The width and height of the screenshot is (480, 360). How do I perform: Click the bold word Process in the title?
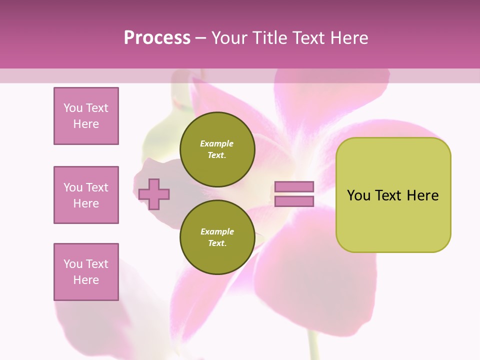[x=157, y=38]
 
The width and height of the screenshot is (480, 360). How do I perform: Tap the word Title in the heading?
[x=269, y=38]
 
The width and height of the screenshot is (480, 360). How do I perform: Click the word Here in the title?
[x=349, y=38]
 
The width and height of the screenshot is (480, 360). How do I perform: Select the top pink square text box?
[x=86, y=116]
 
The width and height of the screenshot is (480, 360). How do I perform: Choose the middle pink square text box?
[x=86, y=195]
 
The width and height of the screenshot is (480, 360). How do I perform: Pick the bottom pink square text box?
[x=86, y=272]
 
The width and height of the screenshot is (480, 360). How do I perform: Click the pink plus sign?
[x=154, y=194]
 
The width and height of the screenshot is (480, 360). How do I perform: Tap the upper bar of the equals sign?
[x=294, y=186]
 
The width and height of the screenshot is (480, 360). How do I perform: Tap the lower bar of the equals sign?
[x=294, y=201]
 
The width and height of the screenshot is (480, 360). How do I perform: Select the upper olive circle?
[x=217, y=149]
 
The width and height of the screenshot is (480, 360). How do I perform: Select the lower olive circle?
[x=217, y=237]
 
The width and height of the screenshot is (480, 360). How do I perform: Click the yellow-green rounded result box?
[x=393, y=195]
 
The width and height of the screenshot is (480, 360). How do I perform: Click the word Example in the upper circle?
[x=217, y=143]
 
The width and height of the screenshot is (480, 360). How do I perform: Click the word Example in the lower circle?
[x=217, y=231]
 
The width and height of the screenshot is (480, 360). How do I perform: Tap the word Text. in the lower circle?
[x=217, y=243]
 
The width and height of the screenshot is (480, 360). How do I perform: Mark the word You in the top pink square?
[x=73, y=108]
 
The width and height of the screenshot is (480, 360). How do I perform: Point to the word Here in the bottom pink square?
[x=86, y=280]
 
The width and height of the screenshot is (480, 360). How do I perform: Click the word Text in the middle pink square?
[x=96, y=187]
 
